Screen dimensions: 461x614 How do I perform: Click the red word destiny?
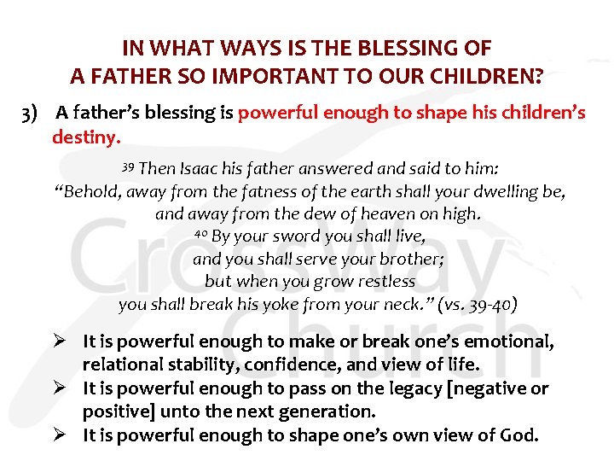click(87, 135)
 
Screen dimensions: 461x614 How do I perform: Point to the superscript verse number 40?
click(200, 234)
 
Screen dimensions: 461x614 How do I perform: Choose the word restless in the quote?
click(383, 281)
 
